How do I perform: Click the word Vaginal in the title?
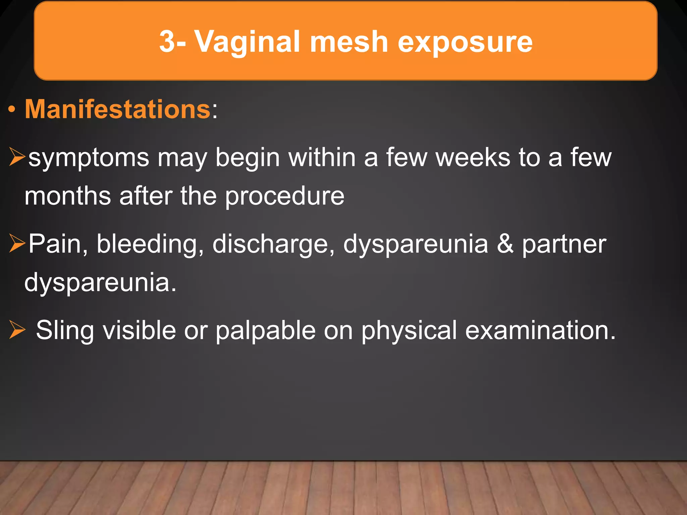(248, 42)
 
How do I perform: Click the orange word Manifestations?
(117, 109)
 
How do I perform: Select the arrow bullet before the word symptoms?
(17, 157)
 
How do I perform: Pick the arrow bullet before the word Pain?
(17, 243)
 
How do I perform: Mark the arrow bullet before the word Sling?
(17, 330)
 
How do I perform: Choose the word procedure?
(284, 196)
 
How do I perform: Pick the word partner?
(564, 244)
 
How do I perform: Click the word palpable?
(265, 331)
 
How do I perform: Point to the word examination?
(540, 330)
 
